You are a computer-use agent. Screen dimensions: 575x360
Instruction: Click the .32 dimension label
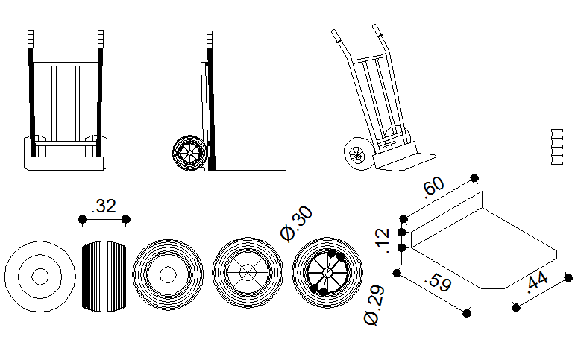point(104,206)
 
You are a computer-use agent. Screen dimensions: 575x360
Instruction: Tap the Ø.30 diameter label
point(297,224)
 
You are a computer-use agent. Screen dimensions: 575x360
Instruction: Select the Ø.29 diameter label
point(374,306)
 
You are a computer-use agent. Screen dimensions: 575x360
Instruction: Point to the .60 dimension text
point(433,187)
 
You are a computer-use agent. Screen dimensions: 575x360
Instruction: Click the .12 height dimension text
point(382,241)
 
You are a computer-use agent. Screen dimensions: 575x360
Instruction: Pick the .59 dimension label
point(438,282)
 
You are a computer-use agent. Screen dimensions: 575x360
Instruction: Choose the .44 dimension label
point(537,282)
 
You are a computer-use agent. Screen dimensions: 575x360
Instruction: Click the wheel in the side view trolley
point(189,153)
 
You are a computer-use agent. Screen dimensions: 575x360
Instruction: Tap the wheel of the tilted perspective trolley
point(357,154)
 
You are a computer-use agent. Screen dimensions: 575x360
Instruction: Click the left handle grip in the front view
point(31,39)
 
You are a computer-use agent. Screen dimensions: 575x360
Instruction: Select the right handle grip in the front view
point(101,39)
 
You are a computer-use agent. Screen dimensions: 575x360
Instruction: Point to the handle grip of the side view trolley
point(210,40)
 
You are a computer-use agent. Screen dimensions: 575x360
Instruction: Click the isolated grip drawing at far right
point(557,147)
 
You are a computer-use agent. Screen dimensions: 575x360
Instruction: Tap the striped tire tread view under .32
point(104,277)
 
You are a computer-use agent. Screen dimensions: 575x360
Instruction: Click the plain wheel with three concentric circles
point(40,277)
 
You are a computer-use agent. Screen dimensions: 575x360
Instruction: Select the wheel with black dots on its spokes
point(327,273)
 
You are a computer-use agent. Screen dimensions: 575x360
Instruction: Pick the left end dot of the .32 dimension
point(82,220)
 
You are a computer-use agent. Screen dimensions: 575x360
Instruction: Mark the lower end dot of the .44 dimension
point(516,308)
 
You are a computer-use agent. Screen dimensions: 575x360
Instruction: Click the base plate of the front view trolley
point(66,163)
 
